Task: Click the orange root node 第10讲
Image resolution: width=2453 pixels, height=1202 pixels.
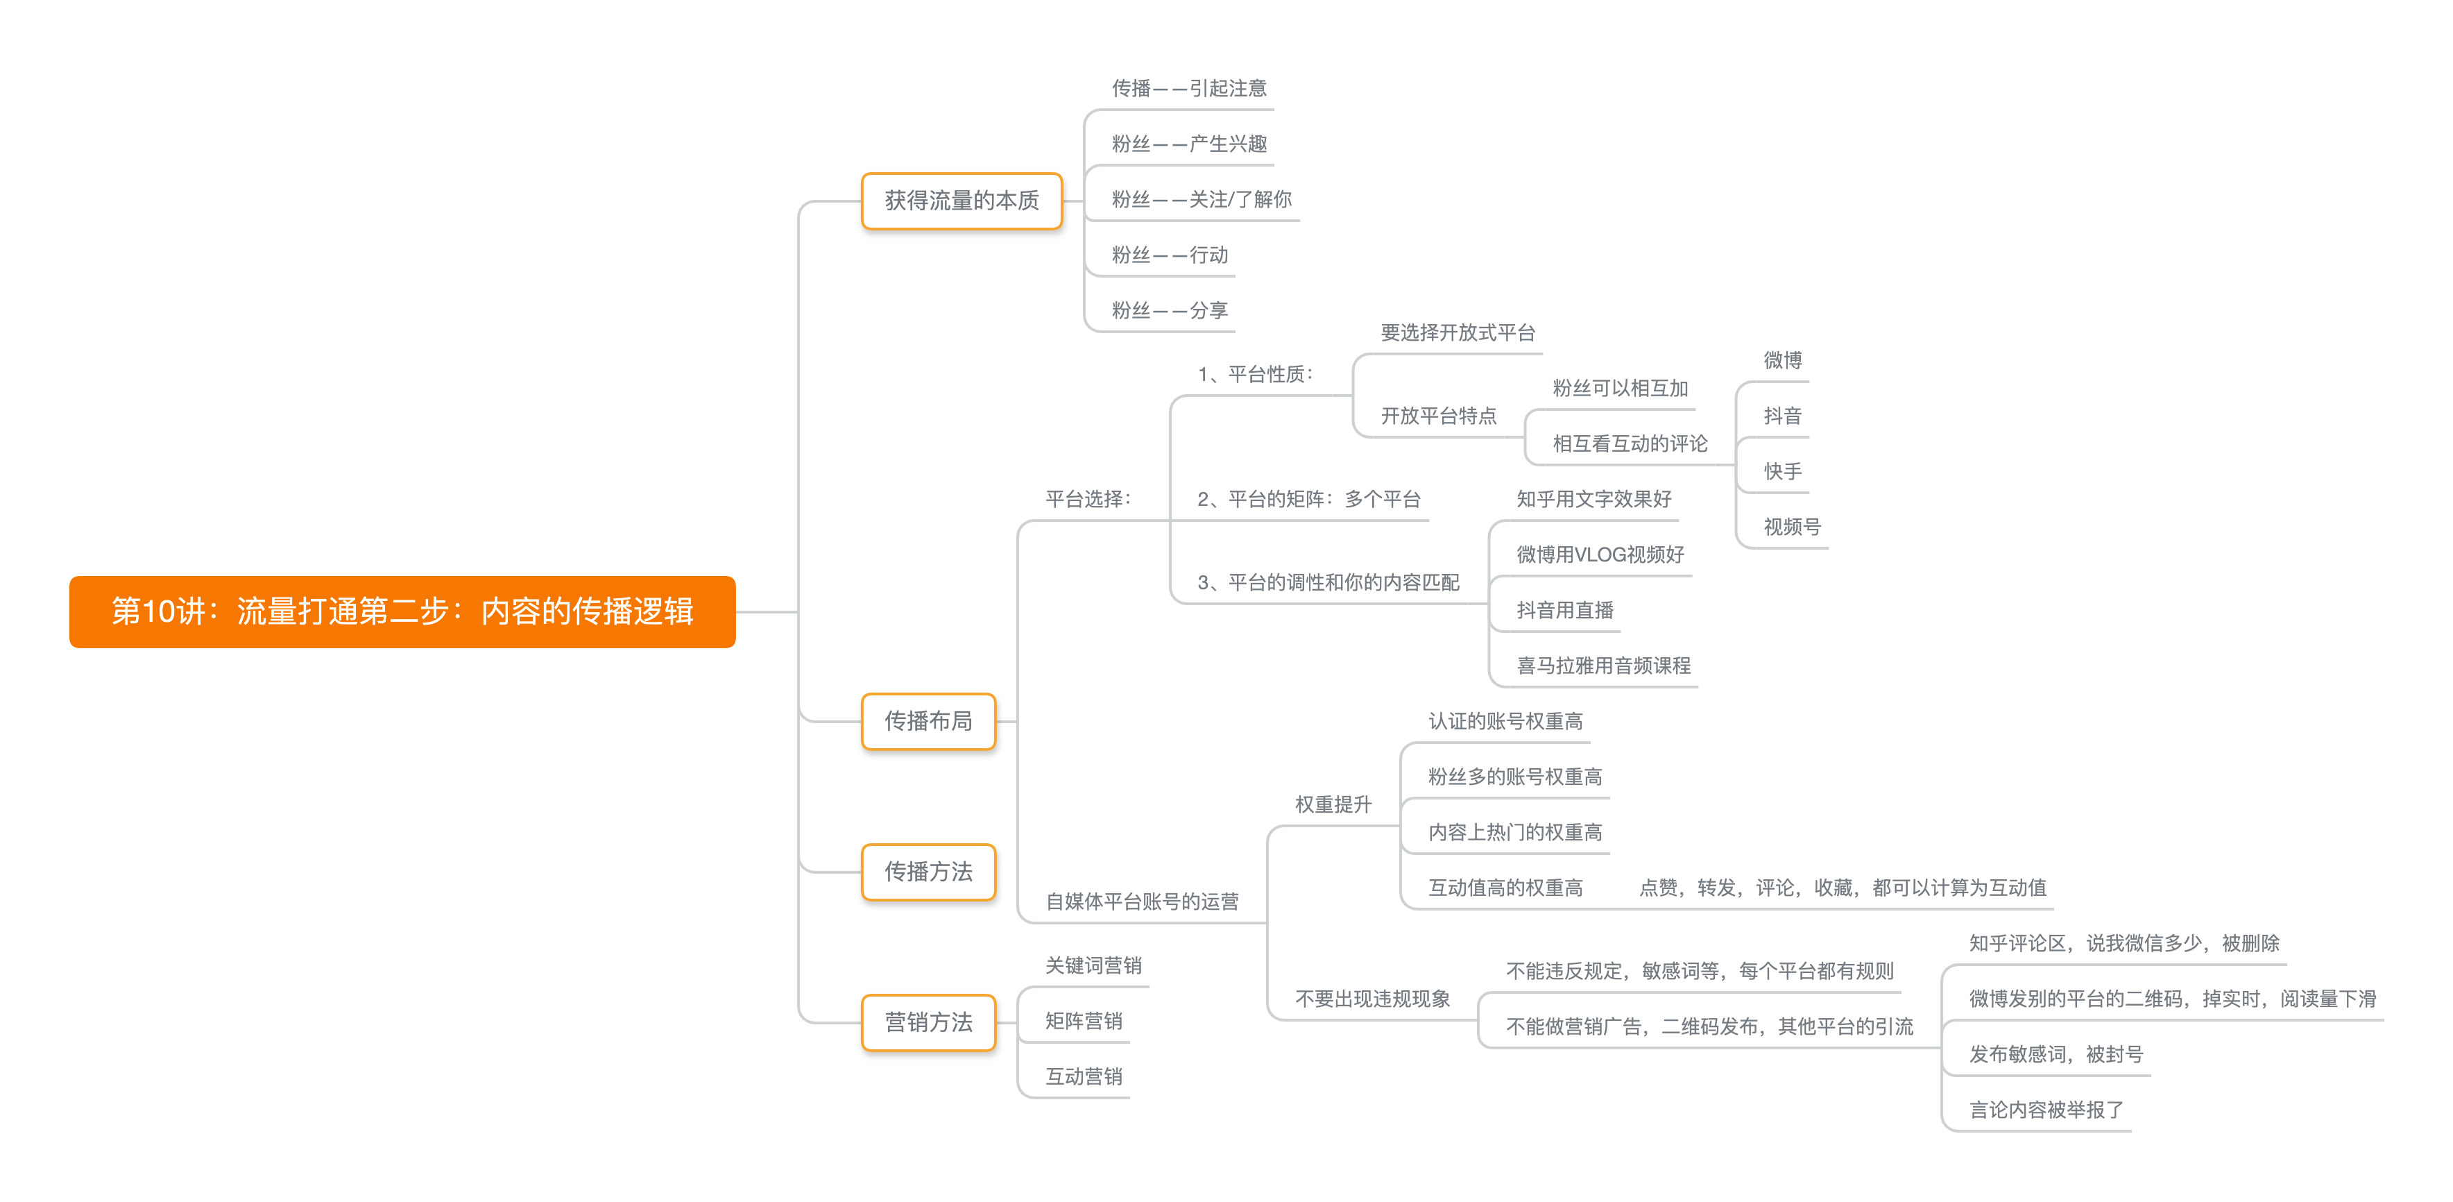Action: click(x=402, y=611)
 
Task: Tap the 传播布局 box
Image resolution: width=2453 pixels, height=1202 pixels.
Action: click(x=928, y=721)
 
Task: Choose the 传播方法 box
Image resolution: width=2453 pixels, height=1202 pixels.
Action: click(x=928, y=872)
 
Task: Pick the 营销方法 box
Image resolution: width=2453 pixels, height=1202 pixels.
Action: click(x=928, y=1022)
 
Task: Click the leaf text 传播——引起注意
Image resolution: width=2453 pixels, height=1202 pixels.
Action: click(x=1188, y=89)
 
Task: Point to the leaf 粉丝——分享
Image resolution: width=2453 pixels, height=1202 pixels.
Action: click(x=1170, y=310)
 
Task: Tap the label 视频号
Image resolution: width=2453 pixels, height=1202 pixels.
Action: click(x=1791, y=527)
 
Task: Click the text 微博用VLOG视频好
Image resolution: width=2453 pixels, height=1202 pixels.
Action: click(x=1600, y=555)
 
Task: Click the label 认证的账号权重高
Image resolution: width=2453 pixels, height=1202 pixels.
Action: click(x=1505, y=721)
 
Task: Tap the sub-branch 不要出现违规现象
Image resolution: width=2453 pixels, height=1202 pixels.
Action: click(x=1371, y=999)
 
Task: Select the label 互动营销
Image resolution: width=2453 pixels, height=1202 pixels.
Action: click(x=1083, y=1076)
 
